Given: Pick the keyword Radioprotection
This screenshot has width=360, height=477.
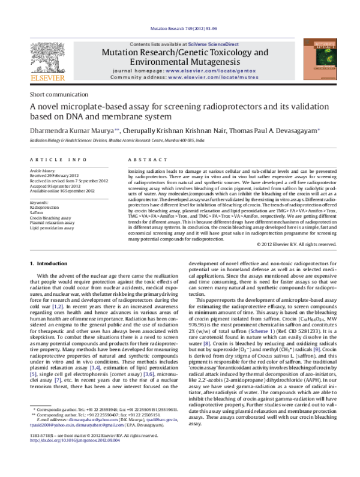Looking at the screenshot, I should (44, 206).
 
